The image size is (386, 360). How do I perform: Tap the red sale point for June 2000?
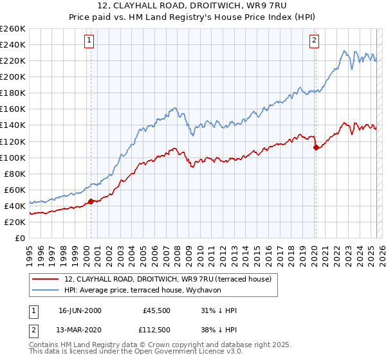point(91,201)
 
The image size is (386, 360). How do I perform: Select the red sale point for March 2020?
point(316,147)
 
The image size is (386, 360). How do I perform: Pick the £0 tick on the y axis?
point(21,238)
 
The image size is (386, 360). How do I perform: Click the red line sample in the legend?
point(46,278)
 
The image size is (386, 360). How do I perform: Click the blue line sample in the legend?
point(46,289)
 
